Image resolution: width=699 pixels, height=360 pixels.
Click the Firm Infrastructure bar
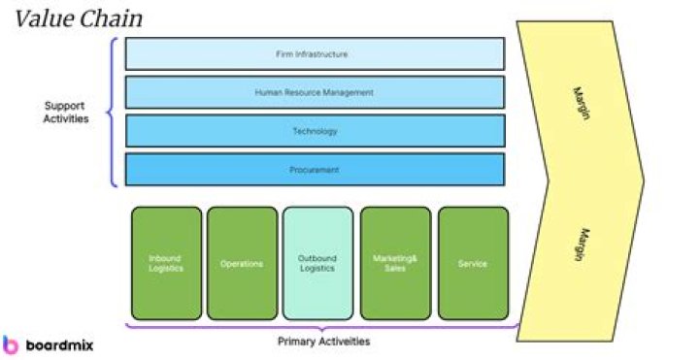(315, 54)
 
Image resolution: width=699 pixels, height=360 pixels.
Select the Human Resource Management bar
(315, 92)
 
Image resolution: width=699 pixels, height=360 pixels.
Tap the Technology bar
(315, 131)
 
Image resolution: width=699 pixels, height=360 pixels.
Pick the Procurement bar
(315, 169)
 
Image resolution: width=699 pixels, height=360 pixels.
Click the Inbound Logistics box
(165, 263)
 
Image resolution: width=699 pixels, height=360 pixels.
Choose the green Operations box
(242, 263)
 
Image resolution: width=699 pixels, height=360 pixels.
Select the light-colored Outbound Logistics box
(317, 263)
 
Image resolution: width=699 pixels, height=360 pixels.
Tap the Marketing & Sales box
(395, 263)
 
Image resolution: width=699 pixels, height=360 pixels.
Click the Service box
(473, 263)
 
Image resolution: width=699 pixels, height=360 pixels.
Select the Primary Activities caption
(323, 341)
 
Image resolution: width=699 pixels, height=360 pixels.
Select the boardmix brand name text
(58, 344)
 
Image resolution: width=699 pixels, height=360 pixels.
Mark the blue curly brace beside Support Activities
(114, 112)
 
